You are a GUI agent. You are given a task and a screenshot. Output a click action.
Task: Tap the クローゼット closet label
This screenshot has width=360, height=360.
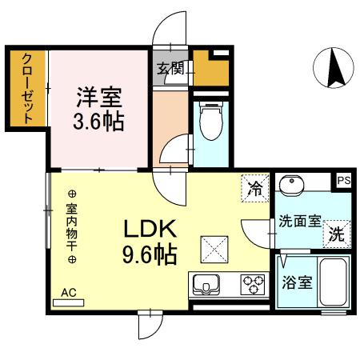[26, 88]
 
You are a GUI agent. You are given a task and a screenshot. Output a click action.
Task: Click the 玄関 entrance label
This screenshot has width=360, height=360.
[169, 69]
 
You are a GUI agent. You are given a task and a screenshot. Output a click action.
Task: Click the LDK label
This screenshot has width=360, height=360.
[150, 230]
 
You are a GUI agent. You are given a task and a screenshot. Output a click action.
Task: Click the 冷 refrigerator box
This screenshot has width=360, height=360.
[255, 190]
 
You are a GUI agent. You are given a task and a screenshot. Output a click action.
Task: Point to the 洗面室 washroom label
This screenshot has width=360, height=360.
[299, 220]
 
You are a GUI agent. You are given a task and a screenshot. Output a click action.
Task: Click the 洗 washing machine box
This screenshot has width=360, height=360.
[337, 236]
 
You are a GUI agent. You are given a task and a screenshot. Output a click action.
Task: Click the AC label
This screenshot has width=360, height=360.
[69, 294]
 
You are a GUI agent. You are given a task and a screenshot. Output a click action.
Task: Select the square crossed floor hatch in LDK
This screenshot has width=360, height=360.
[214, 250]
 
